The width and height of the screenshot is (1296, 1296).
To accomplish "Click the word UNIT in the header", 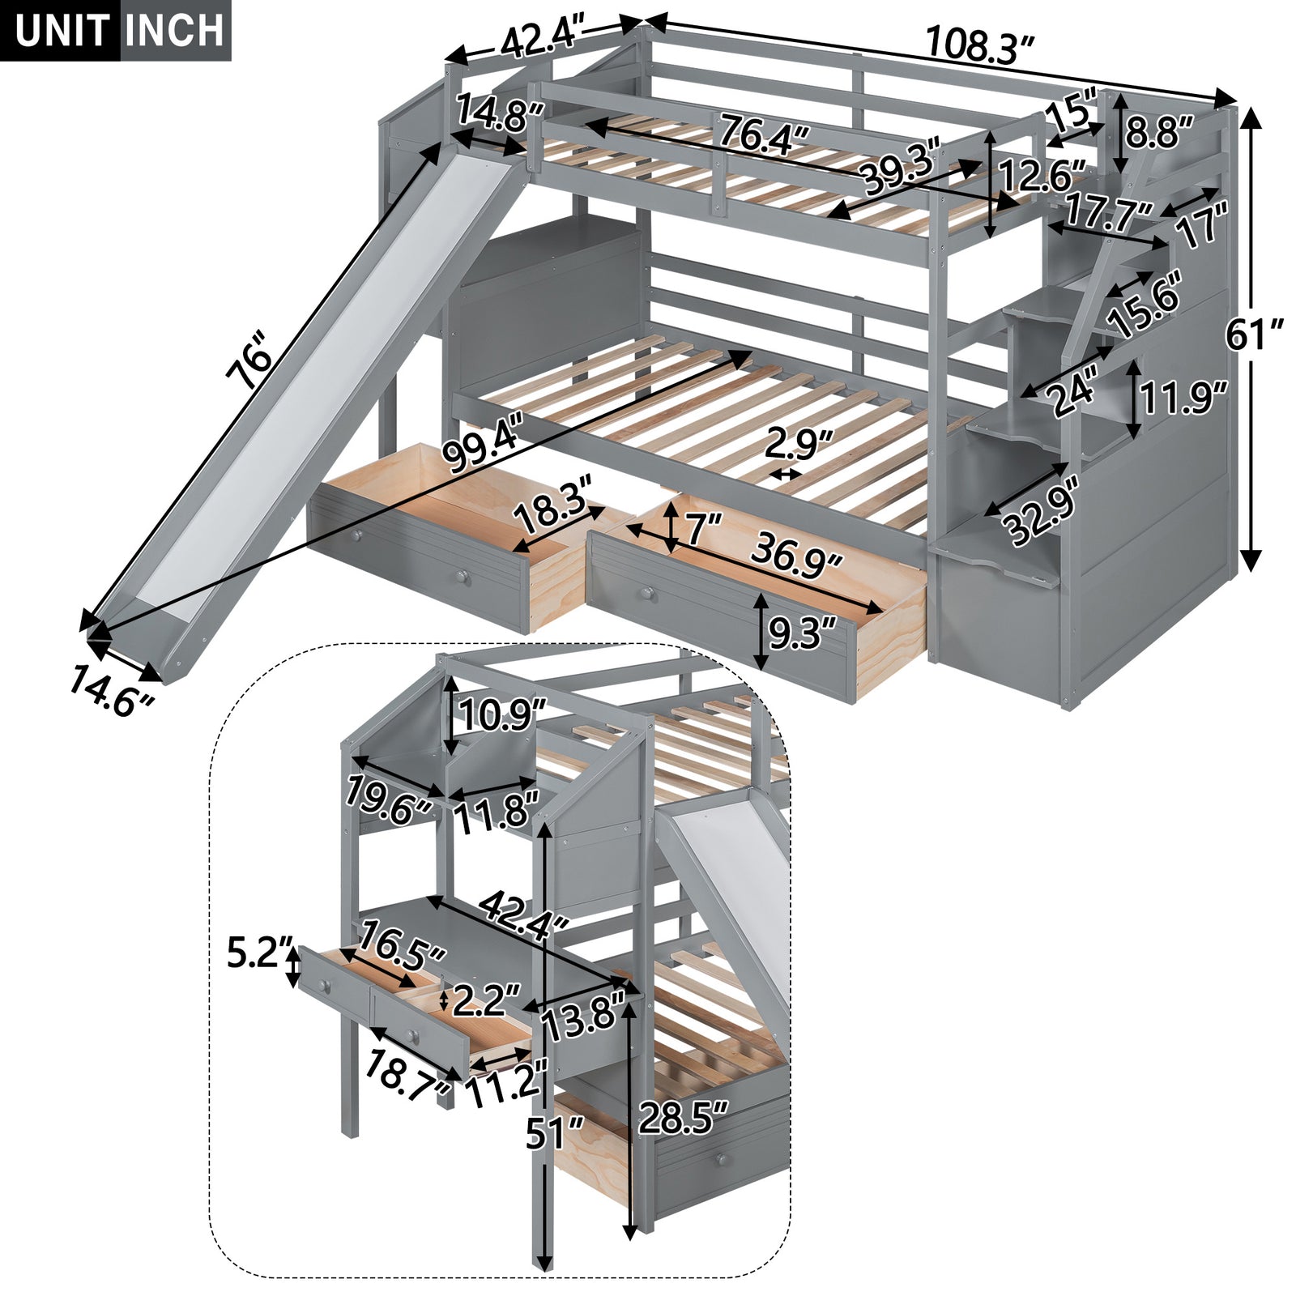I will click(61, 30).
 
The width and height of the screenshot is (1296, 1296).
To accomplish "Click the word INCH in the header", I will click(175, 30).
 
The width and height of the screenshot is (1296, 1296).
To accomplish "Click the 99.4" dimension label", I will click(484, 450).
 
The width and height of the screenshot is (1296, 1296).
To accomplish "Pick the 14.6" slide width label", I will click(111, 690).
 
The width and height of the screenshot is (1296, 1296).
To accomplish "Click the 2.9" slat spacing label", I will click(799, 446).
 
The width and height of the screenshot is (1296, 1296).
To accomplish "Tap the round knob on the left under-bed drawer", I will click(462, 577).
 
